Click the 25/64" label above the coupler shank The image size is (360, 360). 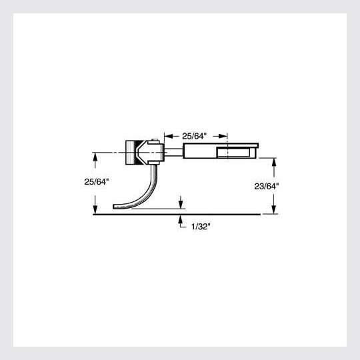pyautogui.click(x=195, y=135)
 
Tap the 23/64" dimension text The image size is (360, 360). pyautogui.click(x=266, y=187)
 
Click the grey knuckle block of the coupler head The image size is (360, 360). pyautogui.click(x=131, y=152)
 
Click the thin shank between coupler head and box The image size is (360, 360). pyautogui.click(x=172, y=152)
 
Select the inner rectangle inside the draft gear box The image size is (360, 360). pyautogui.click(x=233, y=152)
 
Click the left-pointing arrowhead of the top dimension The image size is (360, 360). pyautogui.click(x=167, y=135)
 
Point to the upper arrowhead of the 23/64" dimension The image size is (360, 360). pyautogui.click(x=274, y=162)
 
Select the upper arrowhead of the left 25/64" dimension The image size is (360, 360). pyautogui.click(x=96, y=156)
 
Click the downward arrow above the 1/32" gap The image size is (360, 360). pyautogui.click(x=181, y=205)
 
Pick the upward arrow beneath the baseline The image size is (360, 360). pyautogui.click(x=181, y=219)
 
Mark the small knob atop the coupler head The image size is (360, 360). pyautogui.click(x=154, y=141)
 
